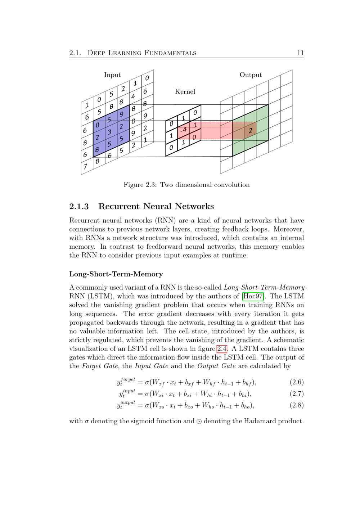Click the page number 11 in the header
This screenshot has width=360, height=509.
pyautogui.click(x=300, y=53)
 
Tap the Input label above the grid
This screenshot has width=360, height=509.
pyautogui.click(x=112, y=75)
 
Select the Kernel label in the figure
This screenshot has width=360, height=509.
pyautogui.click(x=185, y=92)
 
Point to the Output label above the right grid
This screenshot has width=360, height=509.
pyautogui.click(x=251, y=75)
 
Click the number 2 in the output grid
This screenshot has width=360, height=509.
pyautogui.click(x=250, y=131)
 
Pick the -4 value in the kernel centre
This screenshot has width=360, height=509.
pyautogui.click(x=184, y=129)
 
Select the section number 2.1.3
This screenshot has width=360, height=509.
pyautogui.click(x=79, y=207)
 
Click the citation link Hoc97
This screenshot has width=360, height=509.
pyautogui.click(x=253, y=297)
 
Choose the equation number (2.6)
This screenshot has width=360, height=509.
pyautogui.click(x=297, y=382)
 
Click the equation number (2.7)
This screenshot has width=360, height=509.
pyautogui.click(x=297, y=394)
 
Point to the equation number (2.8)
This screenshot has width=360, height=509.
pyautogui.click(x=297, y=405)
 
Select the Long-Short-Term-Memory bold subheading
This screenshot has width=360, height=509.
pyautogui.click(x=116, y=274)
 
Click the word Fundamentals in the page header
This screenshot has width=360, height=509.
pyautogui.click(x=170, y=53)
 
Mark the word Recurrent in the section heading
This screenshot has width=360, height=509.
pyautogui.click(x=118, y=207)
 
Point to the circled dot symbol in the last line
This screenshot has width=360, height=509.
pyautogui.click(x=199, y=422)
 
